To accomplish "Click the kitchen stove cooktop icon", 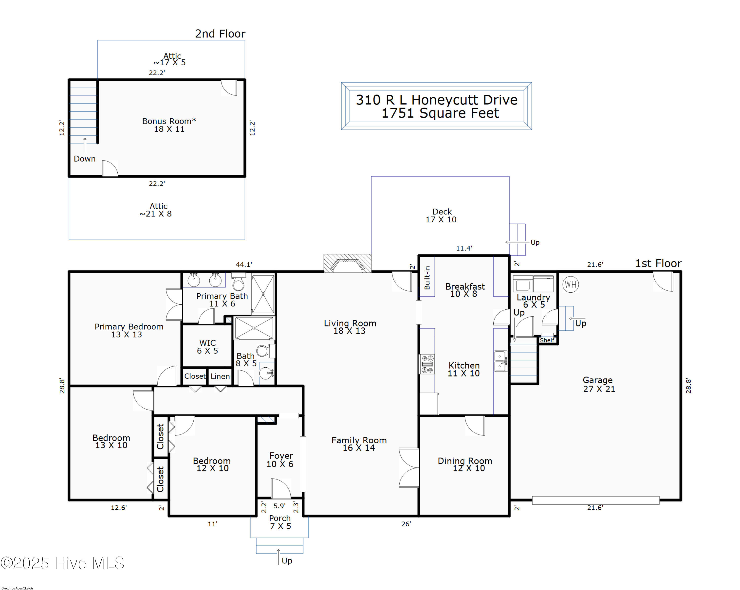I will click(x=427, y=364).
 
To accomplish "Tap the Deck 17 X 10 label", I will click(x=441, y=216).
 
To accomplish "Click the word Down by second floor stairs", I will click(x=84, y=159).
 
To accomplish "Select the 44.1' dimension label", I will click(x=244, y=265).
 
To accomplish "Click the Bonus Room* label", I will click(x=169, y=125).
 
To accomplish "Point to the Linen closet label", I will click(x=220, y=376).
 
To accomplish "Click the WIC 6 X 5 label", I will click(x=207, y=346).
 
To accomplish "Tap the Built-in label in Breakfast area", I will click(x=427, y=278).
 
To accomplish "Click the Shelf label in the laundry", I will click(x=547, y=340).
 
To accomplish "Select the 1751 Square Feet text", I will click(x=440, y=113).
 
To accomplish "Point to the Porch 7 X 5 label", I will click(x=280, y=522).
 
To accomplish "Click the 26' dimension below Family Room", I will click(x=406, y=524).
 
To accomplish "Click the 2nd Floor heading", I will click(x=220, y=34).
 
